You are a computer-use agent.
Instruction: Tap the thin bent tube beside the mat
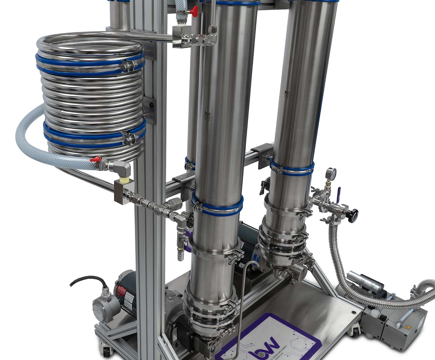[x=241, y=298]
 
